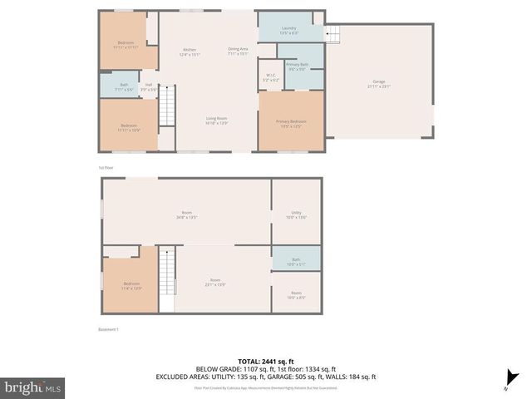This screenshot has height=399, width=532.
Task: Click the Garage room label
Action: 379,82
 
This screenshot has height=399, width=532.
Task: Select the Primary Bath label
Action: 297,66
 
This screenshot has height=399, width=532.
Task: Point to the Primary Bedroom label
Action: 291,123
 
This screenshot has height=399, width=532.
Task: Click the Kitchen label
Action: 190,52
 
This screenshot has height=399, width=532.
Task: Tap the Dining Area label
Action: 239,52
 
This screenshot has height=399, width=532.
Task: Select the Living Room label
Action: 217,121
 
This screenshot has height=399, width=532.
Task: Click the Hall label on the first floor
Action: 148,85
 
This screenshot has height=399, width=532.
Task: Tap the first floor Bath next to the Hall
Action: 124,86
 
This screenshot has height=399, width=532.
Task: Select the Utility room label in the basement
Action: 296,214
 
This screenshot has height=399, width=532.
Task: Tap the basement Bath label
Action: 296,264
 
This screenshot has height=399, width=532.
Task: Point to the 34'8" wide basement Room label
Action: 185,214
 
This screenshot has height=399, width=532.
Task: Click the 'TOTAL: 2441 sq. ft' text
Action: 265,360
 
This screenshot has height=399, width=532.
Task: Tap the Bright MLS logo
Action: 33,387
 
